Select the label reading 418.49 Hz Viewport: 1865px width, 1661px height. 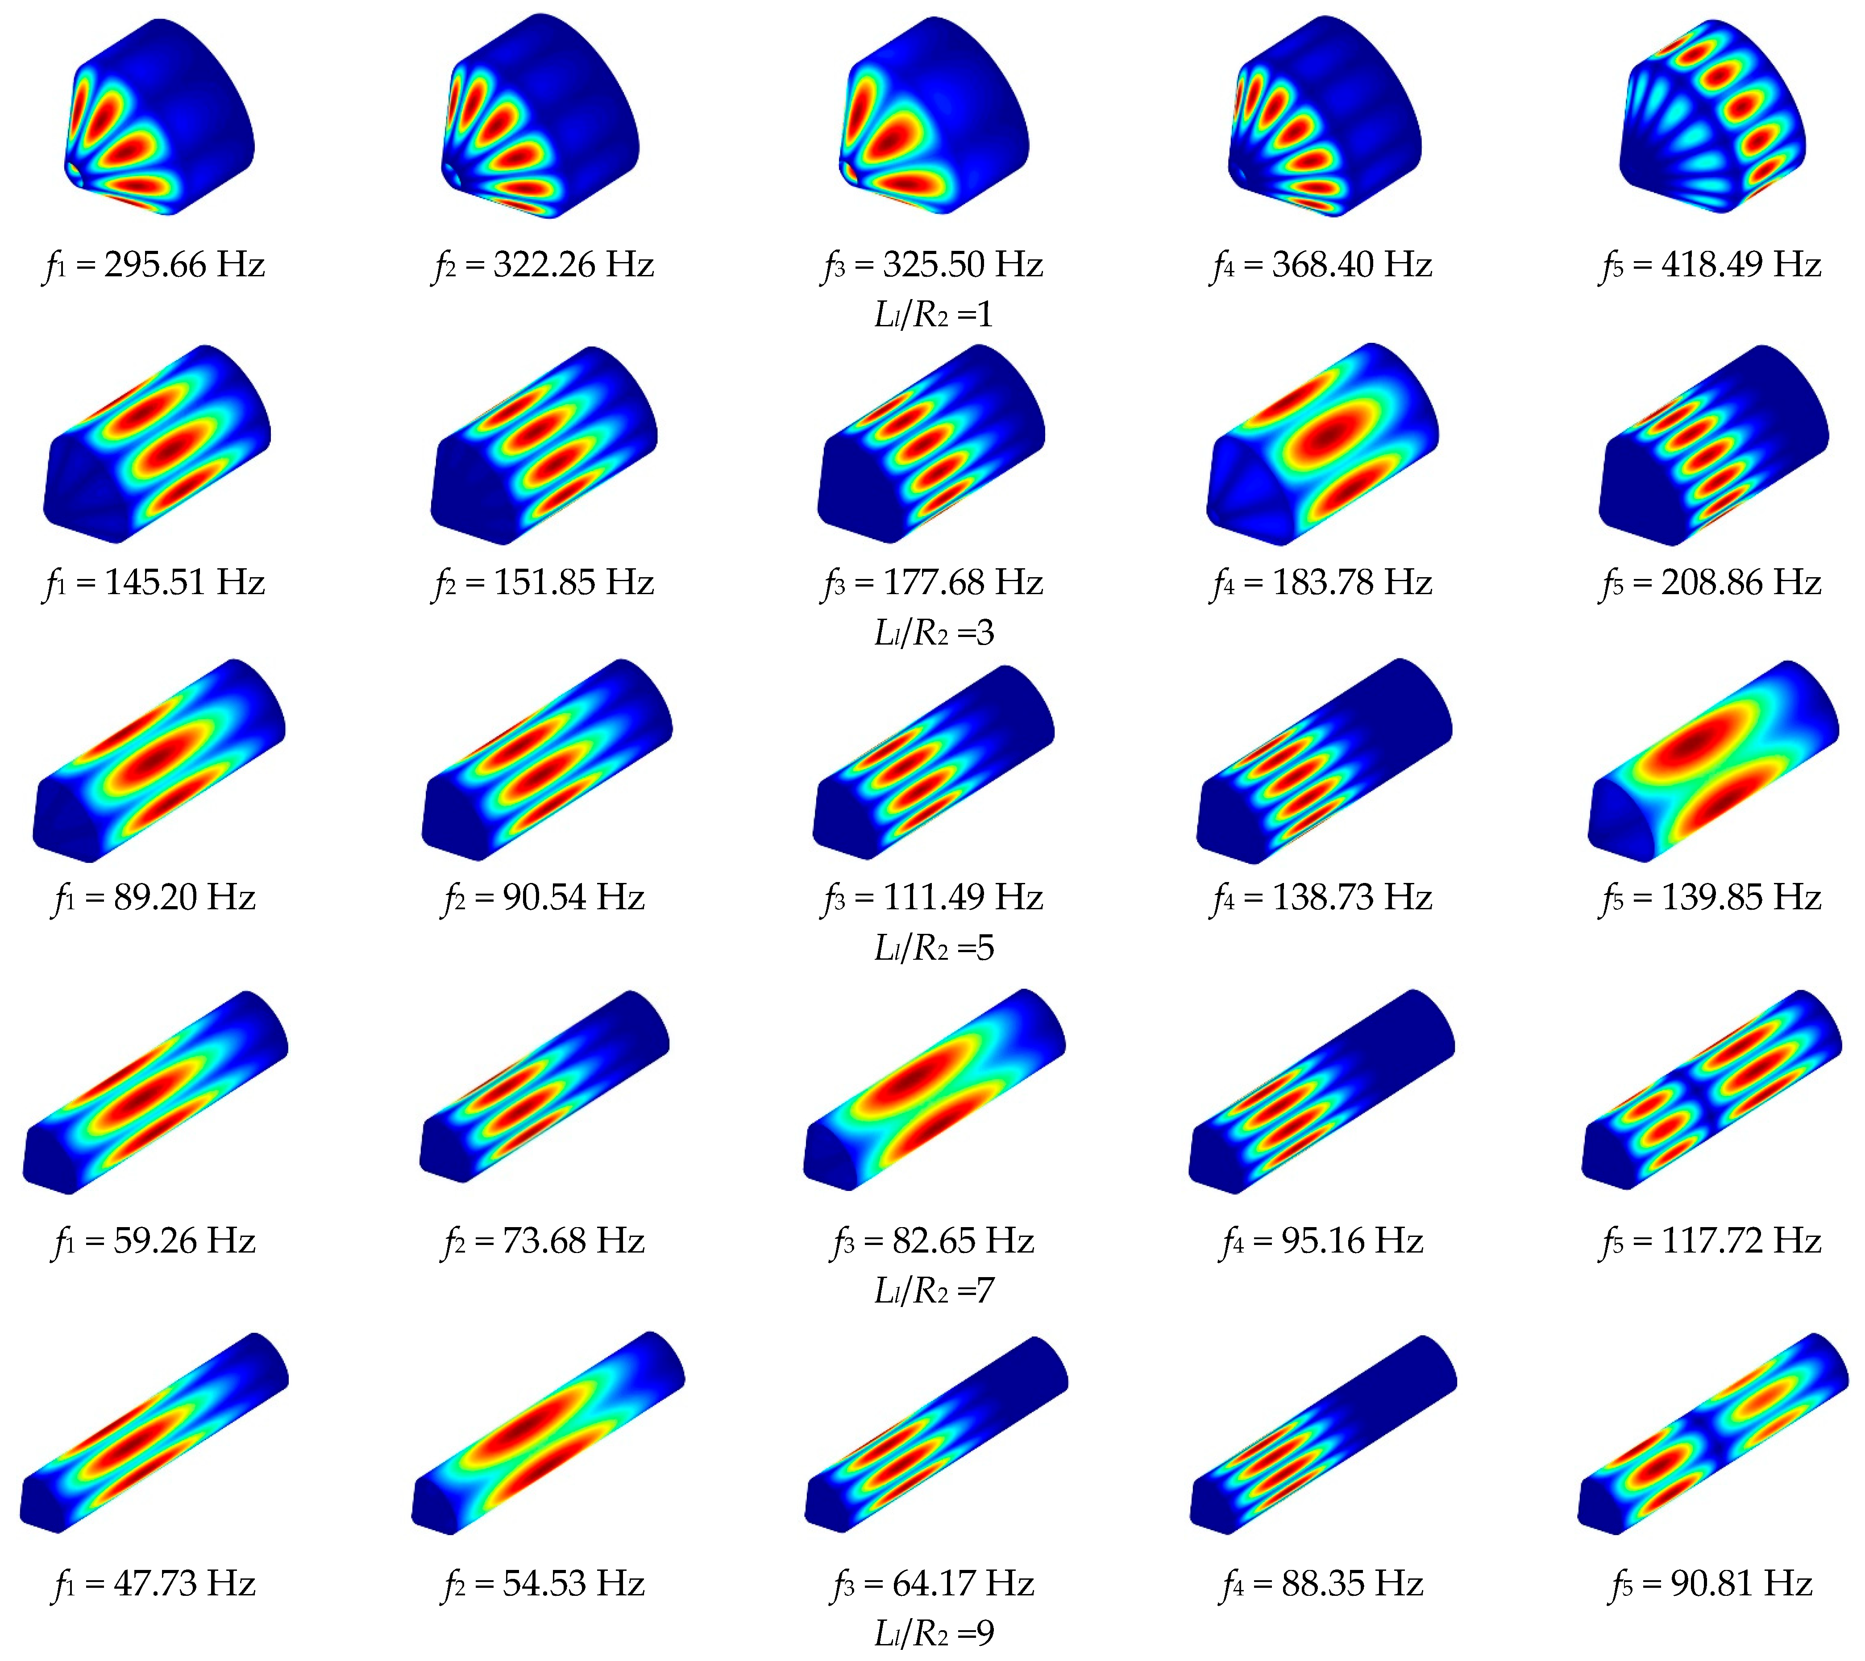click(x=1741, y=265)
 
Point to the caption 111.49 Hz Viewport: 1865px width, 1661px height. click(x=963, y=897)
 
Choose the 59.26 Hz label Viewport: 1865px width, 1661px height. click(x=184, y=1240)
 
